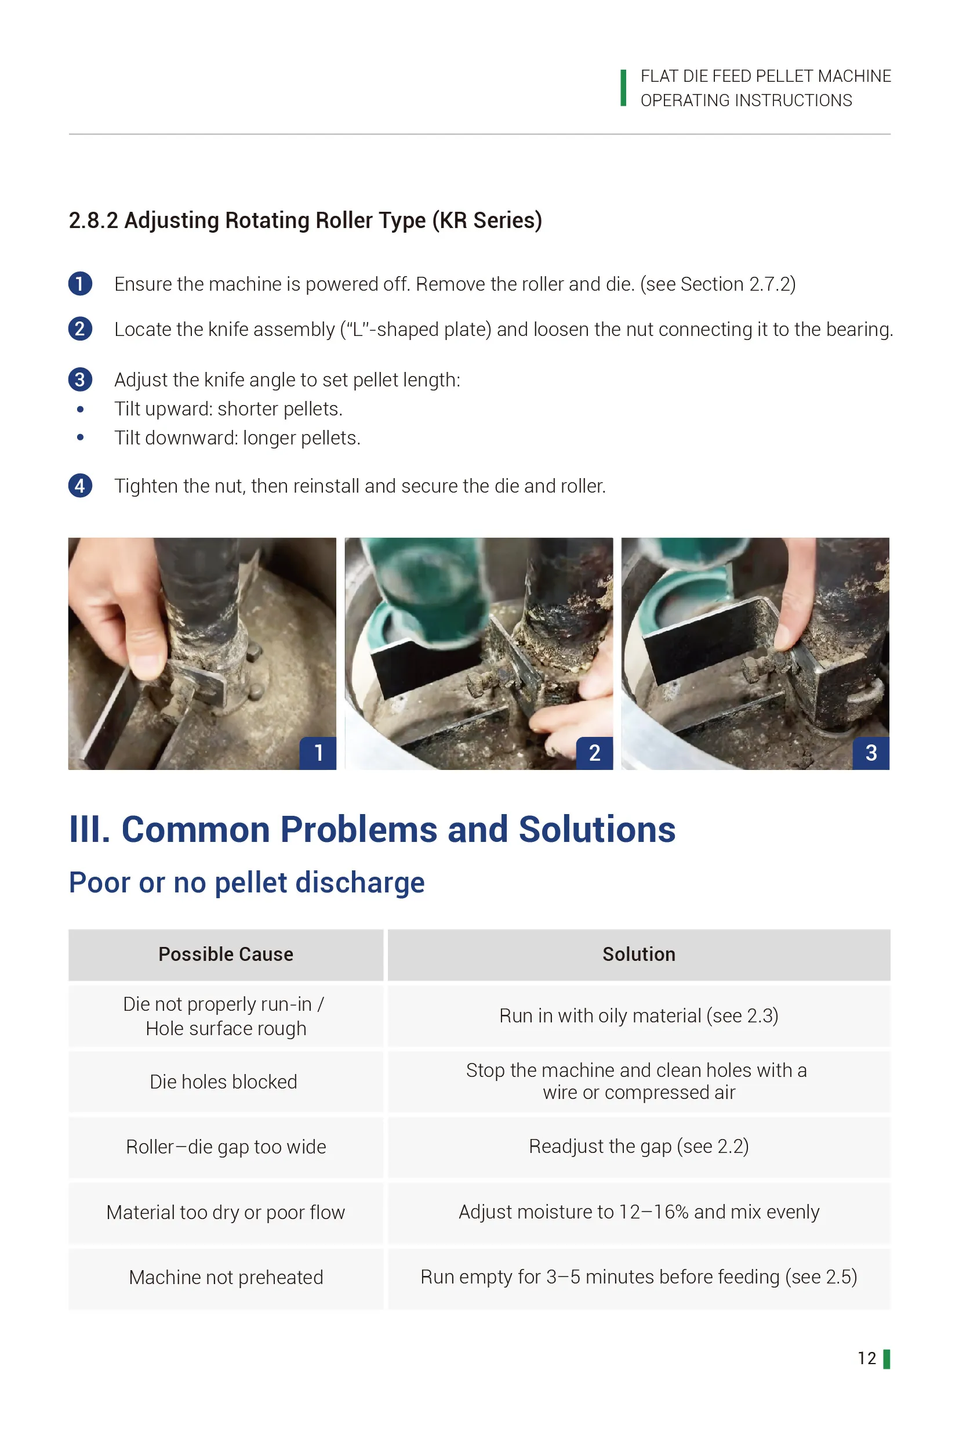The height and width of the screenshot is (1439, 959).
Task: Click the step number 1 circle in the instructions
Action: click(x=80, y=283)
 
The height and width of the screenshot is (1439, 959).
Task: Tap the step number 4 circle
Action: click(x=80, y=486)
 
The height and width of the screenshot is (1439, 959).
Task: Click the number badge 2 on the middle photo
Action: click(x=594, y=753)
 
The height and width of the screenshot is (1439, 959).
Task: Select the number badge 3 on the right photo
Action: click(x=871, y=753)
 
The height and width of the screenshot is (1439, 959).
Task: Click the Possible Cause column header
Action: click(x=226, y=954)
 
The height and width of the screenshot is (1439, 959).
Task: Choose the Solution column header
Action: click(x=638, y=954)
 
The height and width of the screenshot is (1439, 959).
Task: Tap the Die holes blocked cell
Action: click(x=224, y=1082)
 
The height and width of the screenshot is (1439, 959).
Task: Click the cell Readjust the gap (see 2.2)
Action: click(x=638, y=1146)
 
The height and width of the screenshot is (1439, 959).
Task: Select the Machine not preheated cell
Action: click(x=226, y=1278)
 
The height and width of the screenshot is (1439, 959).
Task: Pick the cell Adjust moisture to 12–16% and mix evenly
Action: click(x=638, y=1212)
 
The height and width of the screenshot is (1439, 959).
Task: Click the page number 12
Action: click(x=867, y=1358)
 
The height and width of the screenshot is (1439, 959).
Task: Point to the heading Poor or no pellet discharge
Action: click(x=246, y=883)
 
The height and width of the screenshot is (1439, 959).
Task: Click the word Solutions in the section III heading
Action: click(x=597, y=830)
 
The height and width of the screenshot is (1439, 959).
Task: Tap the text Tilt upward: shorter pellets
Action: click(x=228, y=409)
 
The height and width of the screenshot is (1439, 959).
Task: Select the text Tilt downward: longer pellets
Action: click(x=237, y=438)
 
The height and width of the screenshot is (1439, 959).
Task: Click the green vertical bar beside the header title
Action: click(x=623, y=88)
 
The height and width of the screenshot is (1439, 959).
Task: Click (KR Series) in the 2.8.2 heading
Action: click(x=487, y=220)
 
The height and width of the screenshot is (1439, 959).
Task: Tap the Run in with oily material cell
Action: click(x=638, y=1015)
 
